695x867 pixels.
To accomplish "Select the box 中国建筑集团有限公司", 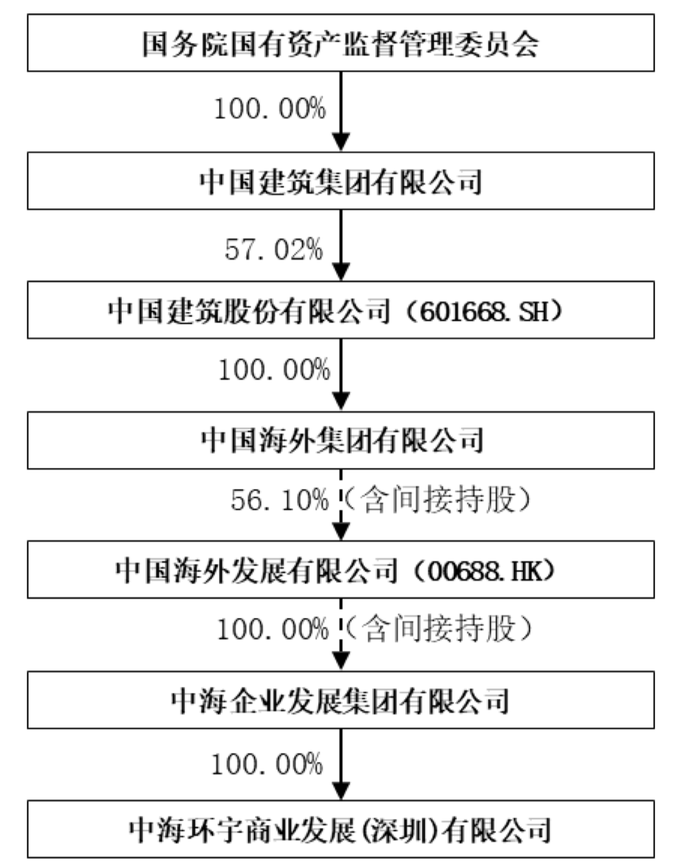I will pos(340,181).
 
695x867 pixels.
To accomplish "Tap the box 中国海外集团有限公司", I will pos(340,440).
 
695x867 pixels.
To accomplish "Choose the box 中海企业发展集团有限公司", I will pos(340,700).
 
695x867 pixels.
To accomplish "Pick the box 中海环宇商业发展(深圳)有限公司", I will pos(340,829).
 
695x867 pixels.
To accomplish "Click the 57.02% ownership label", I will pos(274,250).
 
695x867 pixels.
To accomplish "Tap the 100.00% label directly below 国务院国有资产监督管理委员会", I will pos(270,108).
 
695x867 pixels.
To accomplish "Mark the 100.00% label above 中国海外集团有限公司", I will pos(274,370).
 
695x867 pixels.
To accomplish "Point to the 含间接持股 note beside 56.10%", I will pos(438,500).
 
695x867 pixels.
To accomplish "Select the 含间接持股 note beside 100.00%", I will pos(438,628).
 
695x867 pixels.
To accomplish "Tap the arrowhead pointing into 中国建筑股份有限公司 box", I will pos(341,272).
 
